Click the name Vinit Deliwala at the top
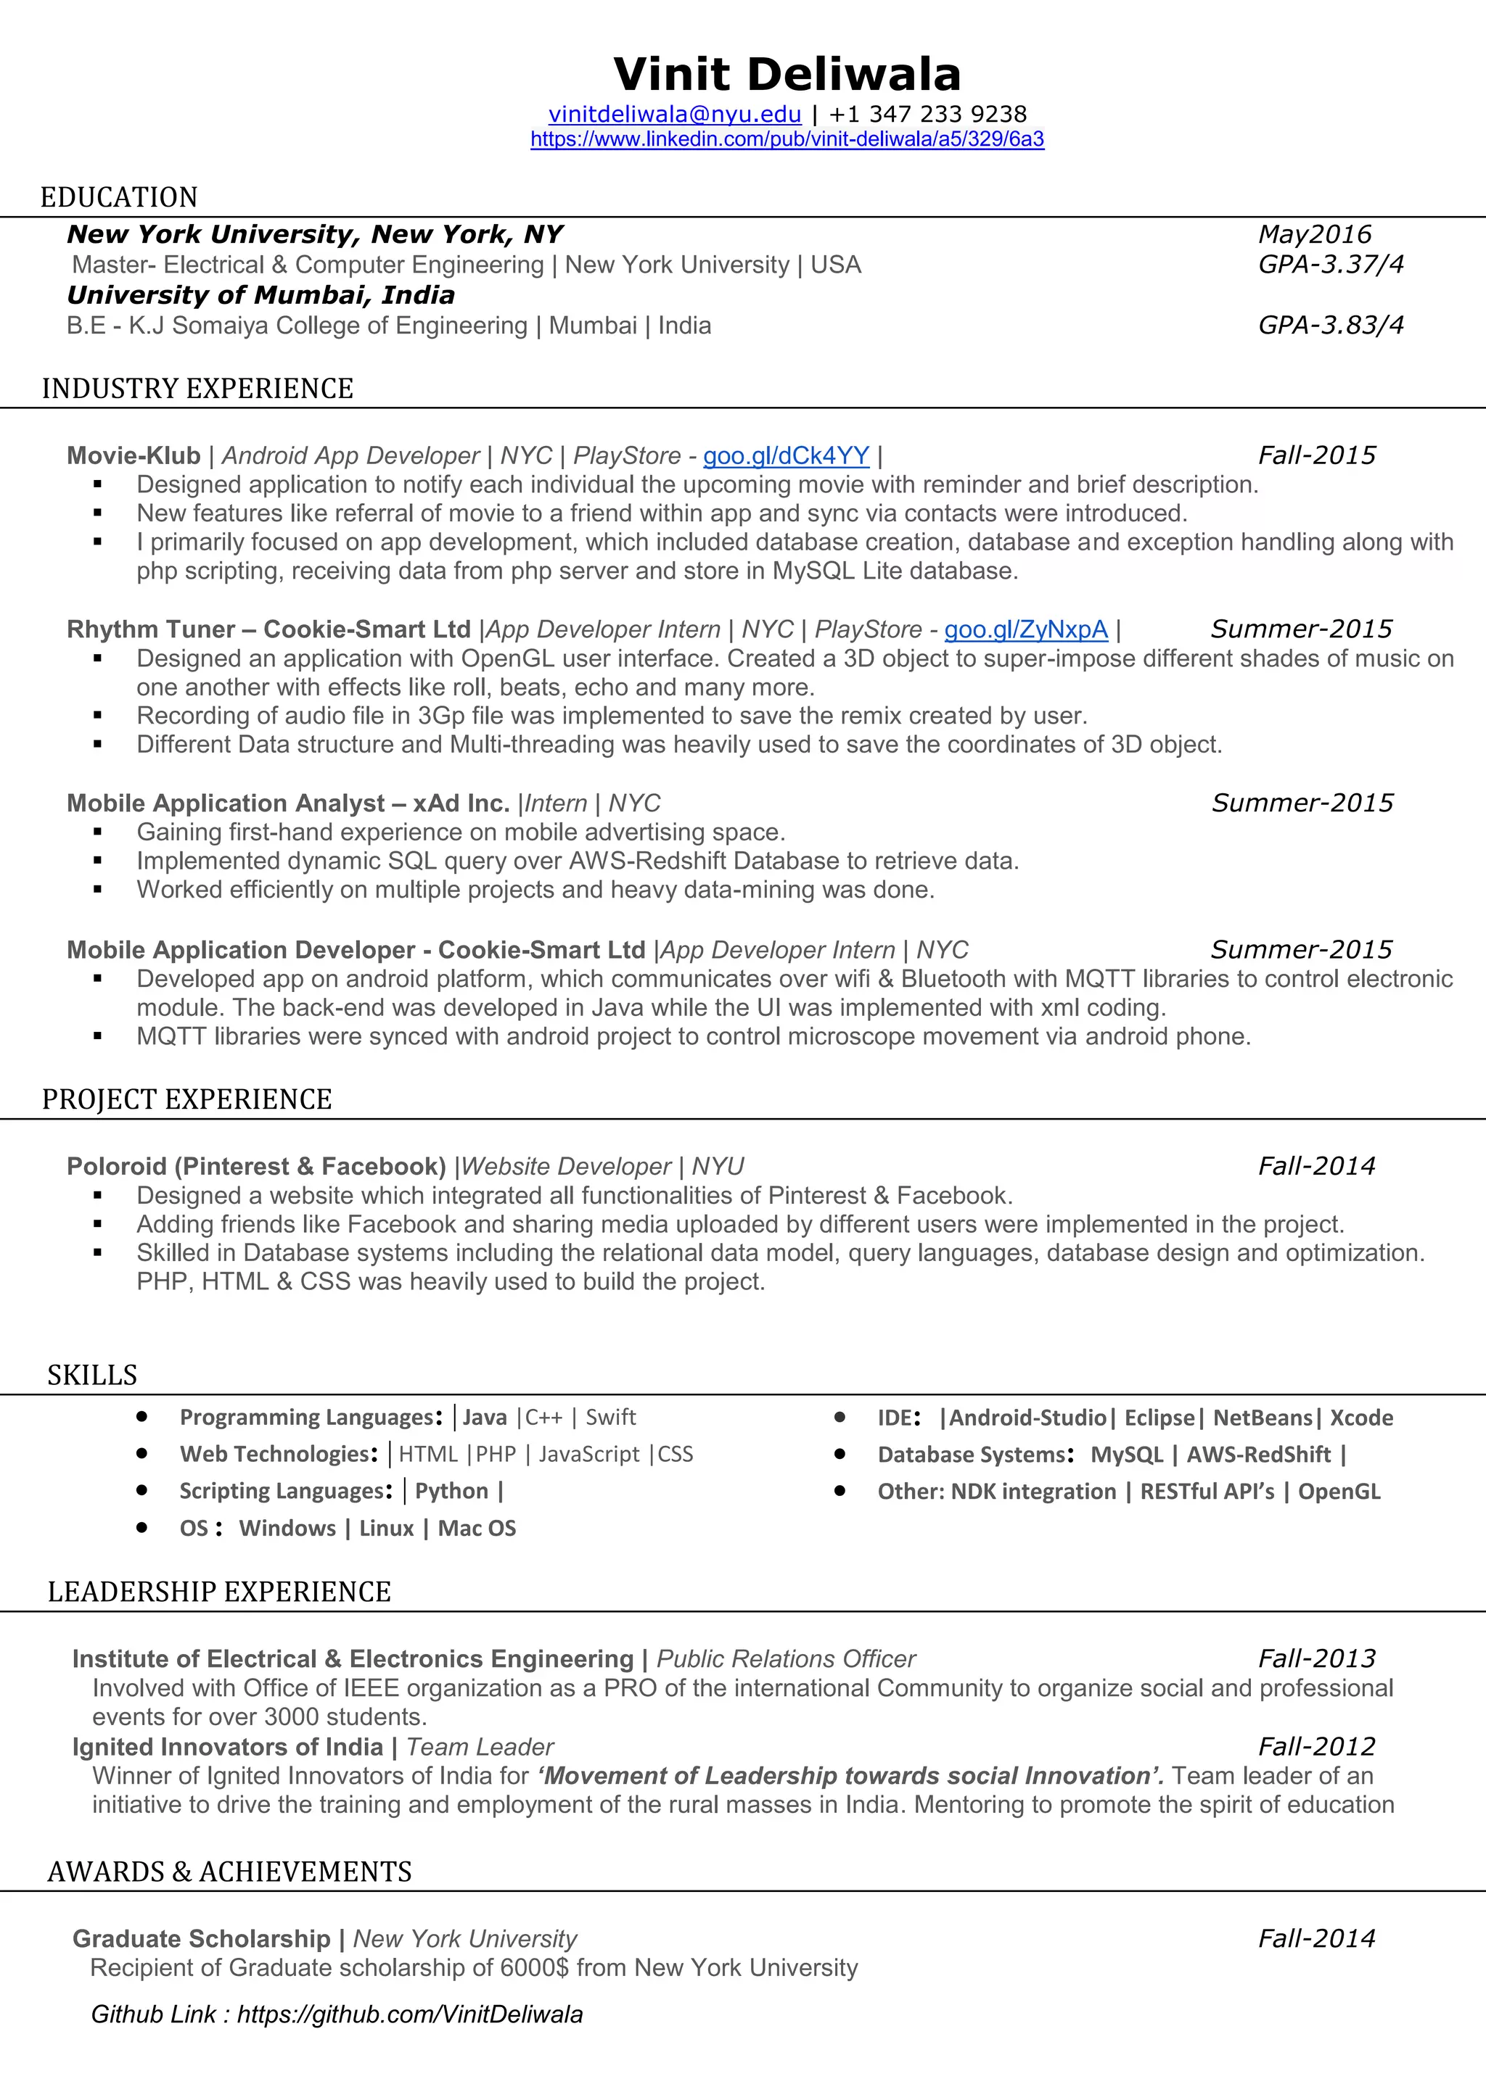pos(787,75)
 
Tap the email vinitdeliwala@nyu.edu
pos(674,115)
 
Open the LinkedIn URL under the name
pos(787,139)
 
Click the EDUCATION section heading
pos(119,197)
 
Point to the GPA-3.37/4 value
pos(1331,265)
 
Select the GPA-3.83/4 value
pos(1331,326)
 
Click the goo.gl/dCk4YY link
pos(786,455)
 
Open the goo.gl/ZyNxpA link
pos(1026,629)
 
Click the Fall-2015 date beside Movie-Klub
pos(1317,455)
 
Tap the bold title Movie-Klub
pos(134,455)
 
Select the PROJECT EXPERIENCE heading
pos(186,1099)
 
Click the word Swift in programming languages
pos(610,1417)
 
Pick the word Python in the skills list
pos(451,1491)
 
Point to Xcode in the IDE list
pos(1361,1418)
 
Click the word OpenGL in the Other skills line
pos(1339,1492)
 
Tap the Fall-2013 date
pos(1317,1658)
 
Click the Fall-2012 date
pos(1317,1746)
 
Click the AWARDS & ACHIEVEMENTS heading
pos(230,1872)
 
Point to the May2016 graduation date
pos(1315,234)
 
